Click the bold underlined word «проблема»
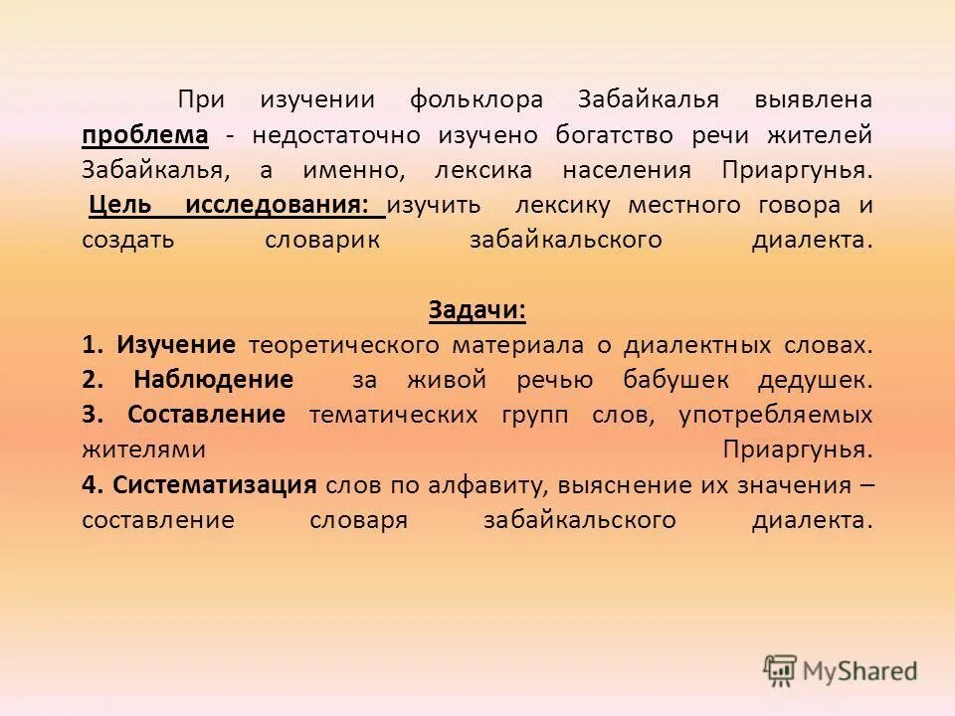(x=144, y=134)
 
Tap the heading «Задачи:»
(x=477, y=309)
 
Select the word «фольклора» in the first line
(x=476, y=99)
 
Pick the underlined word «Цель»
(x=120, y=205)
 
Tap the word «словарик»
(x=322, y=240)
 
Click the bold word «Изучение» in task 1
(x=176, y=345)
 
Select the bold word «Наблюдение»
(x=213, y=380)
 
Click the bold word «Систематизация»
(x=215, y=485)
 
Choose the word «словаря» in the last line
(x=359, y=520)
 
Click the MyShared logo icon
(x=781, y=669)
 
